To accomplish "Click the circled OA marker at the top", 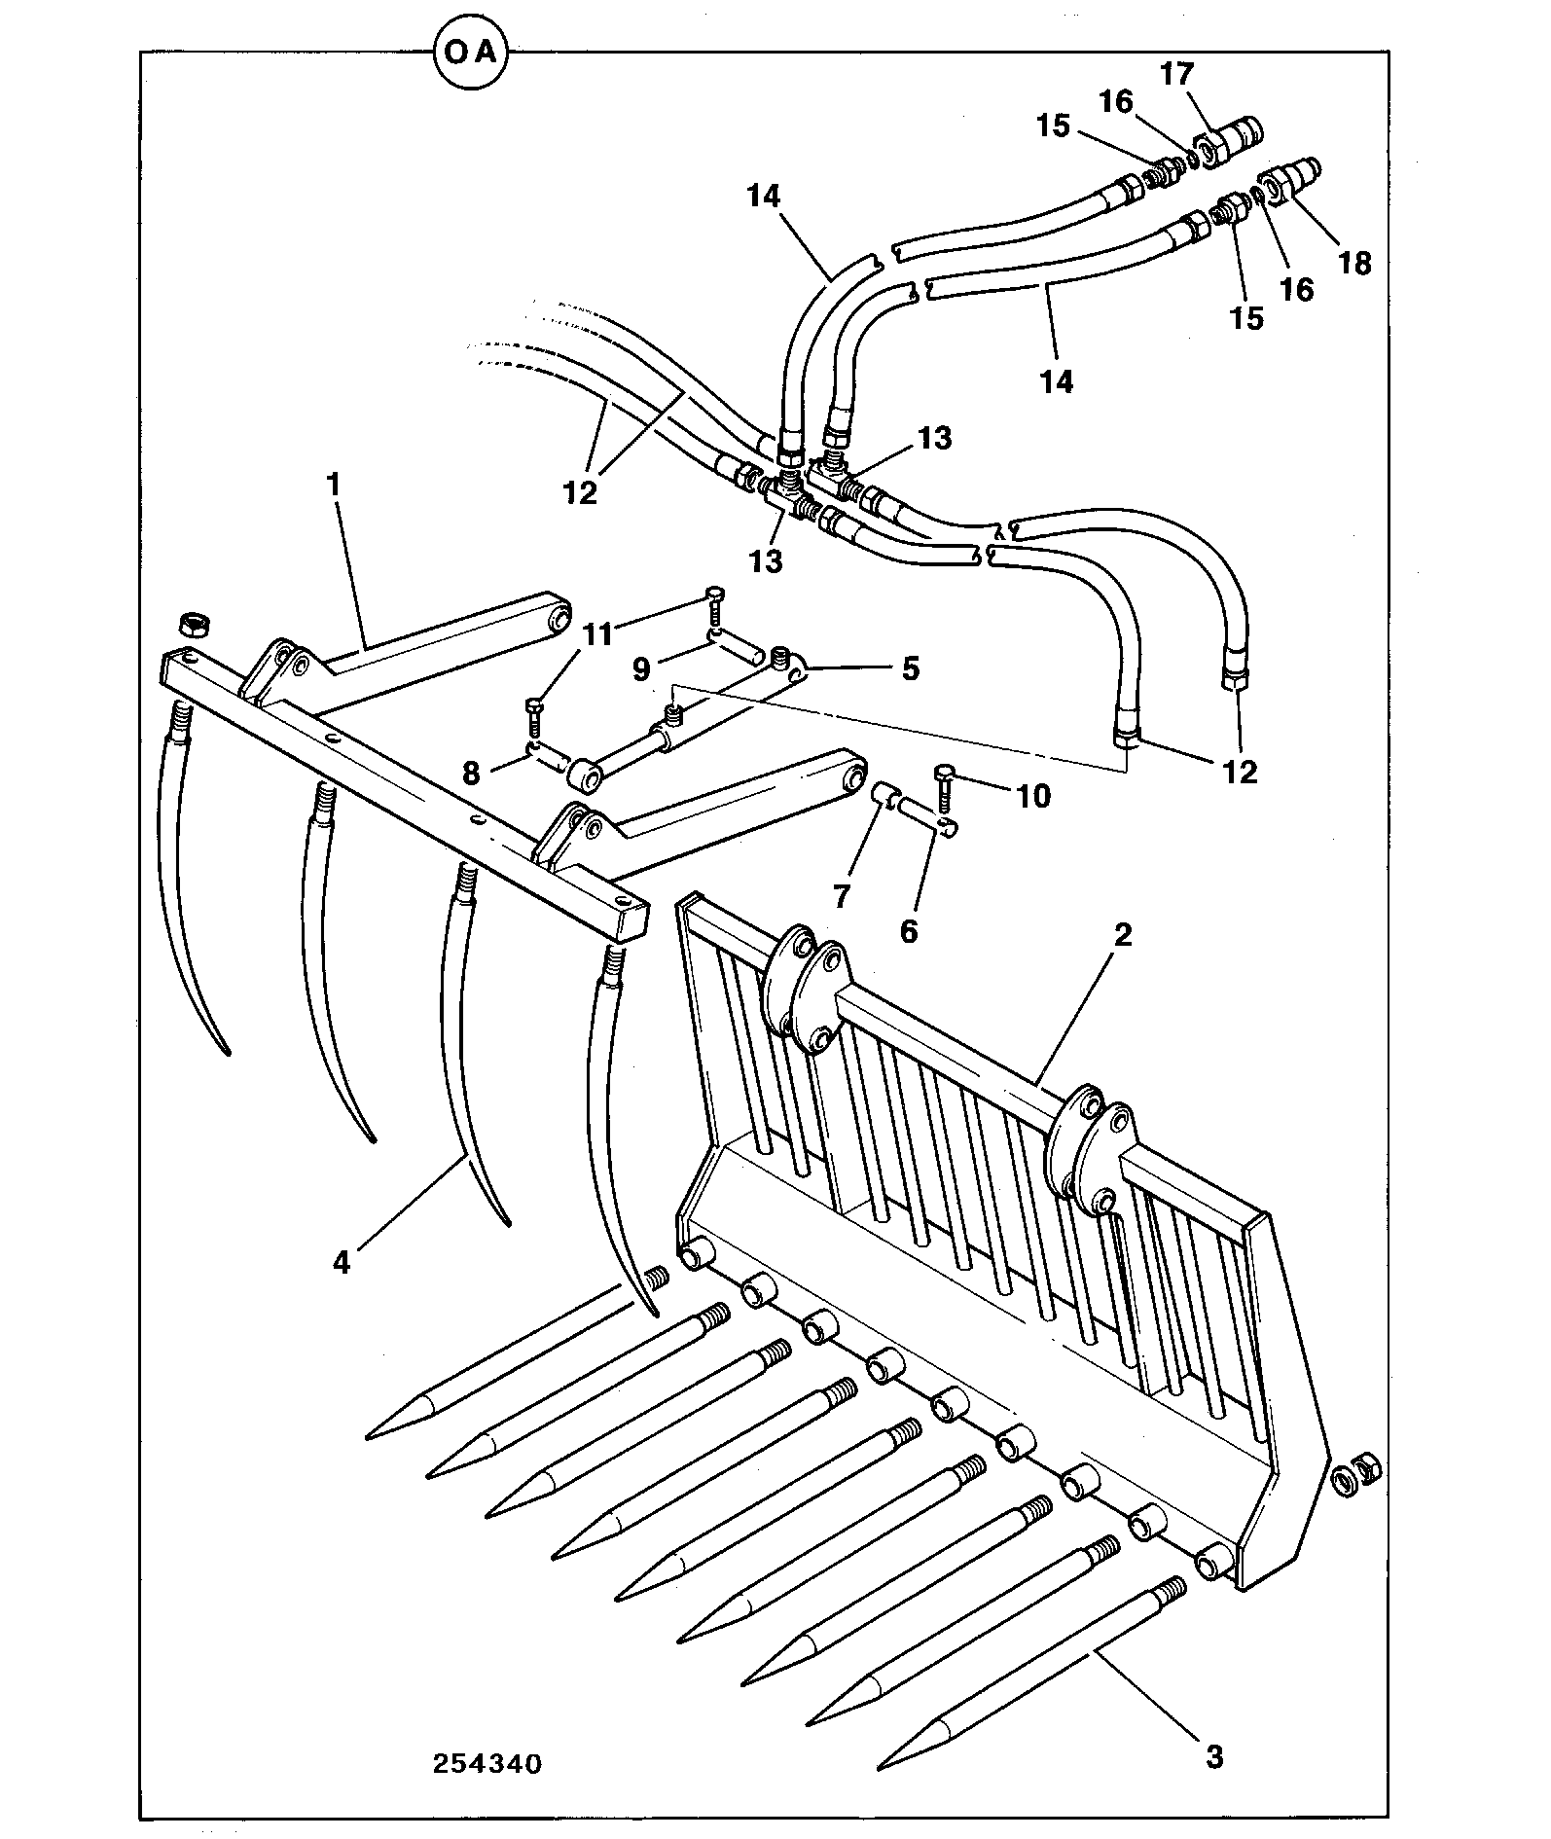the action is [471, 53].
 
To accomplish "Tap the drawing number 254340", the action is [487, 1764].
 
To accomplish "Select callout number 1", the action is [334, 484].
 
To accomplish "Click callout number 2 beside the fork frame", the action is [1123, 935].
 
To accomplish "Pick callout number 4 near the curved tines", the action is [341, 1262].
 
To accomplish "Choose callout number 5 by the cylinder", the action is [910, 668].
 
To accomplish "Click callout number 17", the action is [1176, 74].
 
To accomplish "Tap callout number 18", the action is [1354, 263].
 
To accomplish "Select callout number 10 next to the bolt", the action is [1033, 796].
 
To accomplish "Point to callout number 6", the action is [908, 931].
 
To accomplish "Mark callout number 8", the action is [471, 773].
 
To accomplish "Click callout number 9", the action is [640, 668].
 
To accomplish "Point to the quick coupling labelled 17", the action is [1232, 140].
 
